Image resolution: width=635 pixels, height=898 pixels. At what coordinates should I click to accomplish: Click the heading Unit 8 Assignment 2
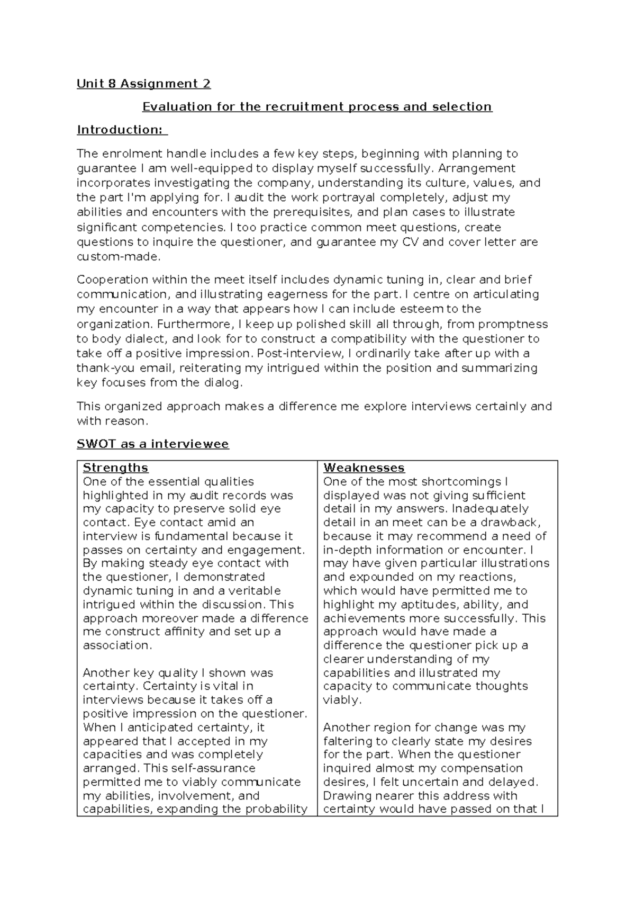tap(143, 84)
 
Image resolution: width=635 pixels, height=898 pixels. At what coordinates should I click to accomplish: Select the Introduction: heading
tap(121, 130)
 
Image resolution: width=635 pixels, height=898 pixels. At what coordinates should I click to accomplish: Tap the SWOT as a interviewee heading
tap(153, 444)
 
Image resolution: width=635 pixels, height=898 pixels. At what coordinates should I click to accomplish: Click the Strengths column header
tap(115, 468)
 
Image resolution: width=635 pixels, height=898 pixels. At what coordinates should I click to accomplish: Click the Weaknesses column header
tap(364, 468)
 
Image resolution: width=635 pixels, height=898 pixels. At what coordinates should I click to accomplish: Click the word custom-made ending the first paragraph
tap(117, 257)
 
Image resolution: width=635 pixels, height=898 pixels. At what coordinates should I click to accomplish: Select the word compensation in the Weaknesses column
tap(482, 768)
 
